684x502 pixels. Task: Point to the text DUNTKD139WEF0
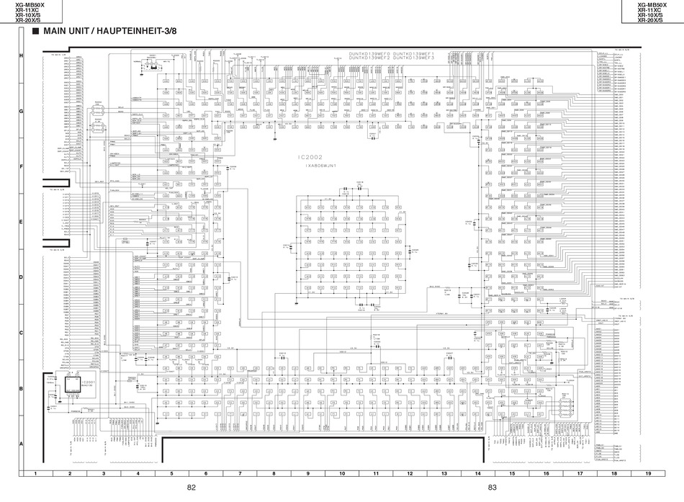[x=367, y=54]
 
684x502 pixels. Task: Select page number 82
[x=191, y=488]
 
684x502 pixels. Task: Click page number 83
[x=492, y=488]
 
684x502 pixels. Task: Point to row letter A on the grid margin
[x=21, y=444]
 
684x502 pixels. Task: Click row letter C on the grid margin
[x=21, y=333]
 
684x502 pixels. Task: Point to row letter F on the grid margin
[x=21, y=166]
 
